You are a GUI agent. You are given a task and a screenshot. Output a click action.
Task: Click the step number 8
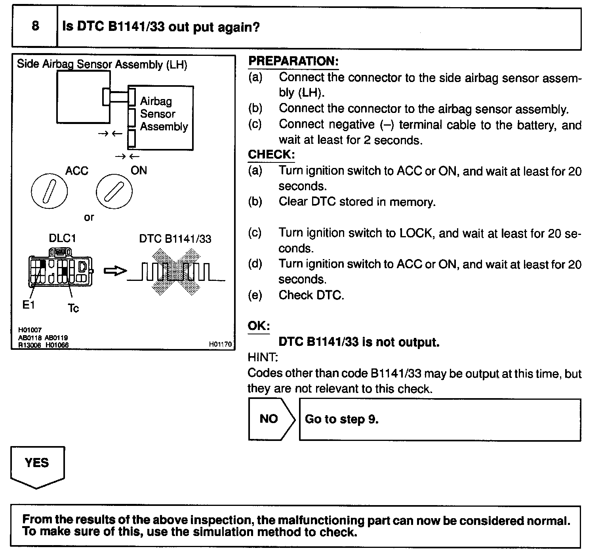pos(35,26)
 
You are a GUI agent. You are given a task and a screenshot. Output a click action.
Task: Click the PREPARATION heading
pos(293,61)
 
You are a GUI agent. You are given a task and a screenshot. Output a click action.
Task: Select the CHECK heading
pos(271,155)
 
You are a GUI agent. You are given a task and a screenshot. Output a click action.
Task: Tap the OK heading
pos(259,326)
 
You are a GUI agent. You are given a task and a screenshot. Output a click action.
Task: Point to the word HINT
pos(263,357)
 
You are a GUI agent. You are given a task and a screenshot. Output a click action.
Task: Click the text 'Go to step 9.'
pos(341,419)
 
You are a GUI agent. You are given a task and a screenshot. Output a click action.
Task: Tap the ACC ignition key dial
pos(49,191)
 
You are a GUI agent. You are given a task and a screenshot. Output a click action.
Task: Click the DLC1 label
pos(62,238)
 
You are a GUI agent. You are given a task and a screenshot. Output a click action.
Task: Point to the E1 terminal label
pos(29,305)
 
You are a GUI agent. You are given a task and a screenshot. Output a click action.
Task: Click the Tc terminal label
pos(74,308)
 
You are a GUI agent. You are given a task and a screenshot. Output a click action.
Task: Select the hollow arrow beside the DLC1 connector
pos(115,271)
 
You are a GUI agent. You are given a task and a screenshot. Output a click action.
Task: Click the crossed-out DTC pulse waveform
pos(175,272)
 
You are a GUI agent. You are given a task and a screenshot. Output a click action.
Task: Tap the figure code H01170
pos(220,344)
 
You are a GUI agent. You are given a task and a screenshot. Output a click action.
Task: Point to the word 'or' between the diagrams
pos(89,217)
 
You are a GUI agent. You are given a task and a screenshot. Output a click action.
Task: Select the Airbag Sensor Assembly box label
pos(164,114)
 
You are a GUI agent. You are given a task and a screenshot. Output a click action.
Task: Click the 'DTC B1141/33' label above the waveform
pos(175,239)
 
